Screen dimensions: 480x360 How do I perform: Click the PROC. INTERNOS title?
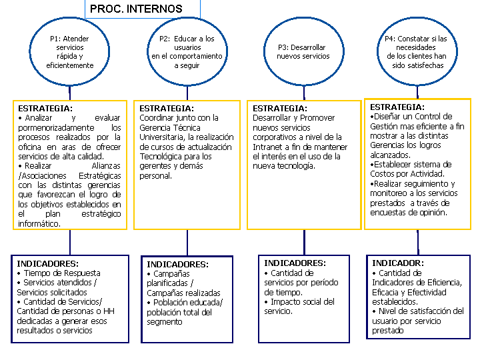click(136, 9)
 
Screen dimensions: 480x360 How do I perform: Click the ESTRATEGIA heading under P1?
click(45, 109)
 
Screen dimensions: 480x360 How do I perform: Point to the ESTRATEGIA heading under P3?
click(280, 109)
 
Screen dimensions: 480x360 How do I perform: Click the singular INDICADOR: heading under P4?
click(398, 263)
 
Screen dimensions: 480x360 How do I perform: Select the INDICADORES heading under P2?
click(177, 264)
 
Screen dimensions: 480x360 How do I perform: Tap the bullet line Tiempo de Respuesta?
click(59, 273)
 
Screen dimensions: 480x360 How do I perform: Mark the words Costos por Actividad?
click(407, 174)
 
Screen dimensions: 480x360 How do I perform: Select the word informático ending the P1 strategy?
click(39, 224)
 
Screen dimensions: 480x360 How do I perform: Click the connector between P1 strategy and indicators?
click(70, 242)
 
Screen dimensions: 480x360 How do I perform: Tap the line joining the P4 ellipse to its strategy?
click(417, 92)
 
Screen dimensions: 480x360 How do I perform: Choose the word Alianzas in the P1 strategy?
click(106, 166)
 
